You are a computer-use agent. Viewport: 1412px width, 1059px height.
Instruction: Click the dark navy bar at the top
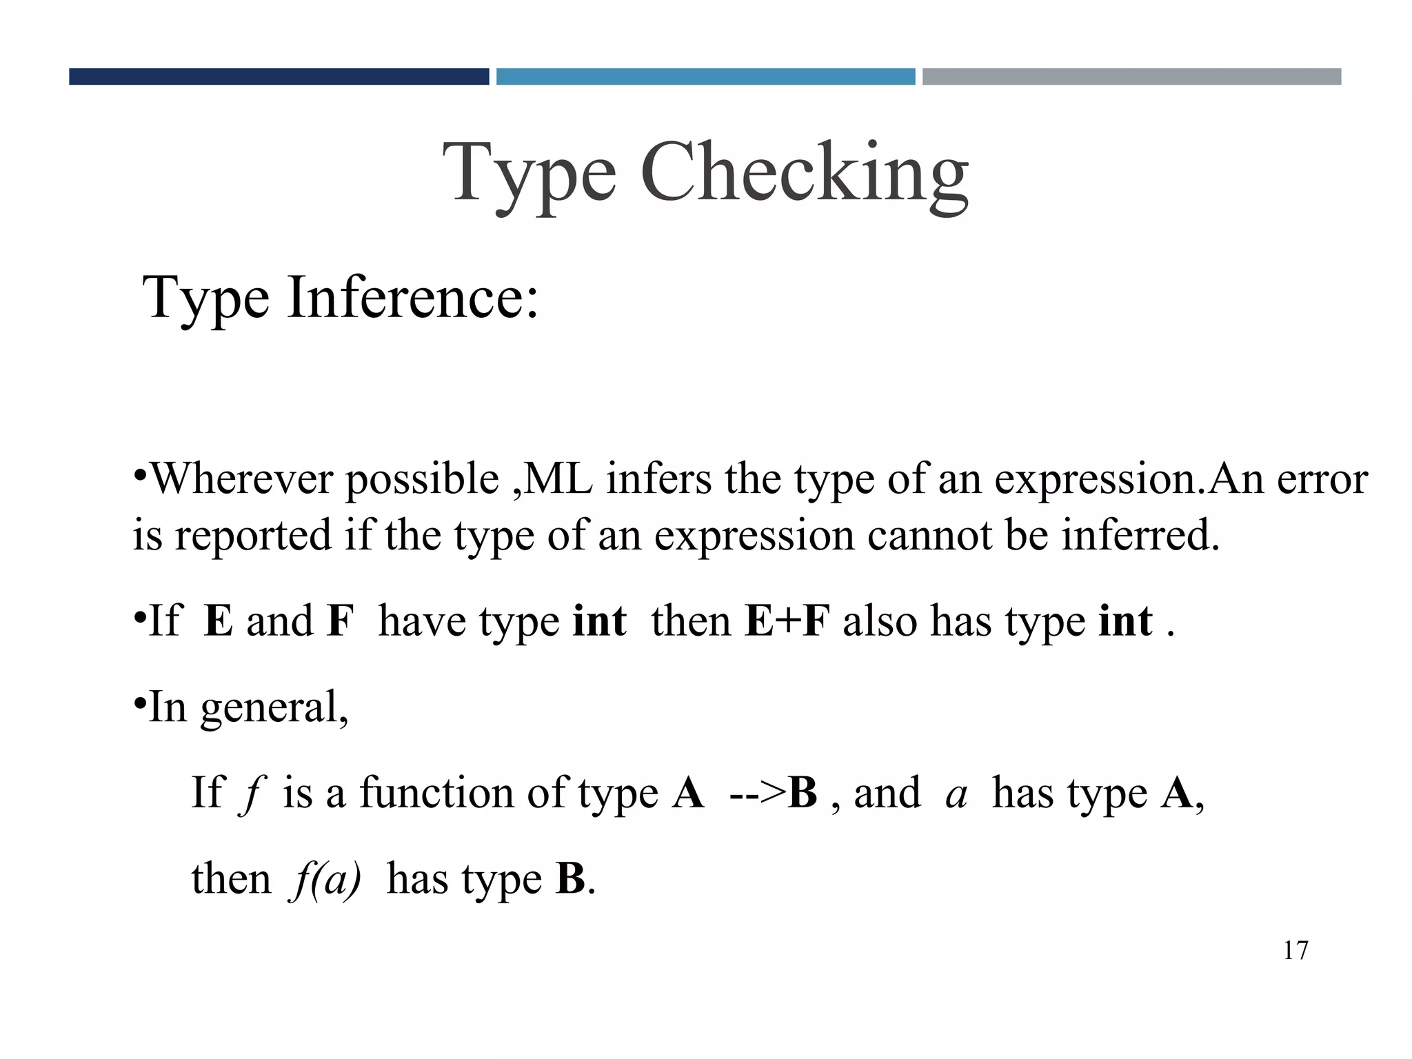[x=279, y=77]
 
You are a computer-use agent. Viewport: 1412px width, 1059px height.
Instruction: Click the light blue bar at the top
[x=705, y=77]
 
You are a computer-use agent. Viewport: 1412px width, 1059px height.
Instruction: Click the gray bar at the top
[x=1131, y=77]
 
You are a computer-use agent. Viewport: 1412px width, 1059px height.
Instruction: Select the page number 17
[x=1295, y=951]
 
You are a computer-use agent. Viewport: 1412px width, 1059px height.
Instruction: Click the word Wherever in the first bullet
[x=241, y=478]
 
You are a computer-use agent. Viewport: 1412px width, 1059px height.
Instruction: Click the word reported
[x=253, y=536]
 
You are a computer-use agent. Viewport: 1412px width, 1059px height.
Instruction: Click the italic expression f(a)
[x=327, y=880]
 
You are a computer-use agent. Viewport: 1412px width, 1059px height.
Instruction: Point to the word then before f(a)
[x=231, y=879]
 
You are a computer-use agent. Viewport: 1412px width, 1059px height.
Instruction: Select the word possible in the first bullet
[x=422, y=480]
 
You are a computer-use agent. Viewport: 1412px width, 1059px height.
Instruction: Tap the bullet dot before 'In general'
[x=139, y=703]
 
